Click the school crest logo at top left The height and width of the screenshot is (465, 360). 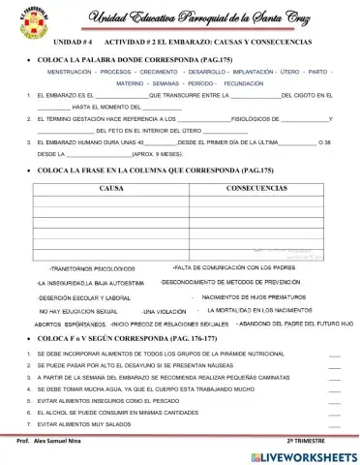click(28, 22)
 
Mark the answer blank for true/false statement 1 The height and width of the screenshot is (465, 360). click(334, 356)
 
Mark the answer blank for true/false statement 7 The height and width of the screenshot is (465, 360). click(334, 426)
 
